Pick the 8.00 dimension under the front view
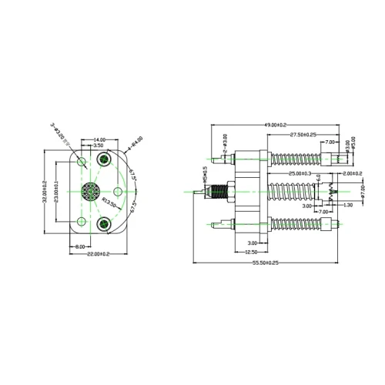pyautogui.click(x=80, y=246)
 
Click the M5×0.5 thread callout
pyautogui.click(x=204, y=178)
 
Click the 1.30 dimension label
pyautogui.click(x=348, y=205)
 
